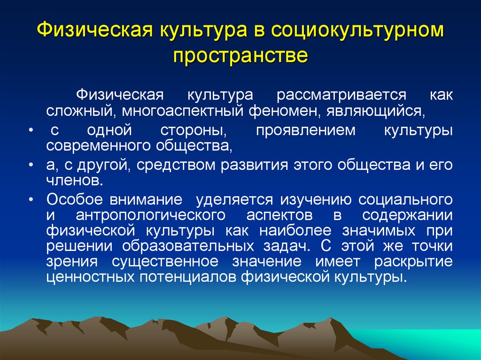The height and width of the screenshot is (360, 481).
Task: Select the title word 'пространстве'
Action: pyautogui.click(x=240, y=56)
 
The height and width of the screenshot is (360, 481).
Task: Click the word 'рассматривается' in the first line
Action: pyautogui.click(x=341, y=94)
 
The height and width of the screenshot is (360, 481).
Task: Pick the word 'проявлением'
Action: pyautogui.click(x=305, y=130)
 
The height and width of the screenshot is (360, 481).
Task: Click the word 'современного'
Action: pyautogui.click(x=96, y=146)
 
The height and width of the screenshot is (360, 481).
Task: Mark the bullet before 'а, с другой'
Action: pyautogui.click(x=30, y=166)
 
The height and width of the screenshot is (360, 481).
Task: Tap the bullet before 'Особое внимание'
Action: pyautogui.click(x=30, y=199)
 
